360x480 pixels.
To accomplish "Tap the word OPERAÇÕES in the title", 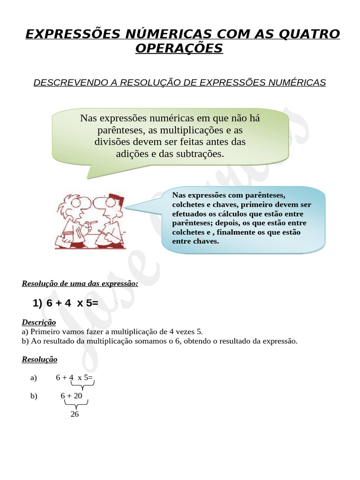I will coord(180,48).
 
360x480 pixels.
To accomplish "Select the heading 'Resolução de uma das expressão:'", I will coord(80,284).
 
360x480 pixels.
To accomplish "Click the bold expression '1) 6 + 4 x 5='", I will coord(66,303).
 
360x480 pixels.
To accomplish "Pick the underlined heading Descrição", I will coord(39,322).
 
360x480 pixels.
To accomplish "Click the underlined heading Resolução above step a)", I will coord(39,360).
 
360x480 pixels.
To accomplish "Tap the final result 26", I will coord(75,414).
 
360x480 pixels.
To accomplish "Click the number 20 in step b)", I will coord(77,396).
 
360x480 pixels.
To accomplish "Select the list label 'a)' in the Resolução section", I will coord(33,378).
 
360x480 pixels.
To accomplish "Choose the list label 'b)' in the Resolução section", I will coord(34,396).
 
